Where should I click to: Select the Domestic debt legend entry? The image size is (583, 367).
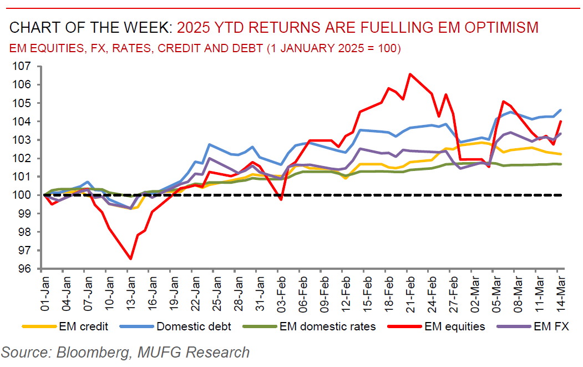point(194,326)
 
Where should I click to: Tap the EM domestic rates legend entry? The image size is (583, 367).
point(327,326)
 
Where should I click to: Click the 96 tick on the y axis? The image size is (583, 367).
point(23,269)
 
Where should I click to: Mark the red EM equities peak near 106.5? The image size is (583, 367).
point(410,74)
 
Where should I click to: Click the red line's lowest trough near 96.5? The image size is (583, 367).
point(130,259)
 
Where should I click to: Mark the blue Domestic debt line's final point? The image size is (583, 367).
point(560,110)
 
